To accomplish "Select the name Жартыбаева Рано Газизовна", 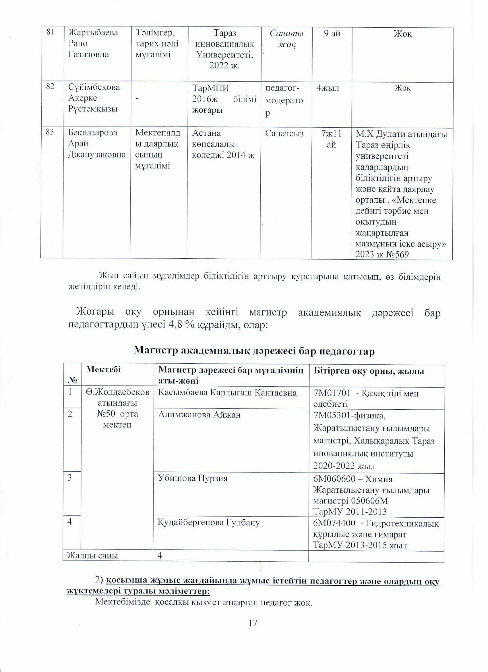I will click(x=93, y=43).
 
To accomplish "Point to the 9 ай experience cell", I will click(x=332, y=33).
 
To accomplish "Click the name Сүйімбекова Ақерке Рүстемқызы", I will click(x=94, y=98).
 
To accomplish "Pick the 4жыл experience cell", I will click(x=328, y=88).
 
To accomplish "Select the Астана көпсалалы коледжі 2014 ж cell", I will click(x=223, y=144).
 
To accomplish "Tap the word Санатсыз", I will click(x=284, y=133).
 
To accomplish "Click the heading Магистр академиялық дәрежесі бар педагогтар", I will click(x=254, y=351).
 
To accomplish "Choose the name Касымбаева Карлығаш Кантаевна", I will click(x=227, y=393).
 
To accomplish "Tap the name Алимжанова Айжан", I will click(x=199, y=414).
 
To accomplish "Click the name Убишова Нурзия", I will click(x=193, y=478).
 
